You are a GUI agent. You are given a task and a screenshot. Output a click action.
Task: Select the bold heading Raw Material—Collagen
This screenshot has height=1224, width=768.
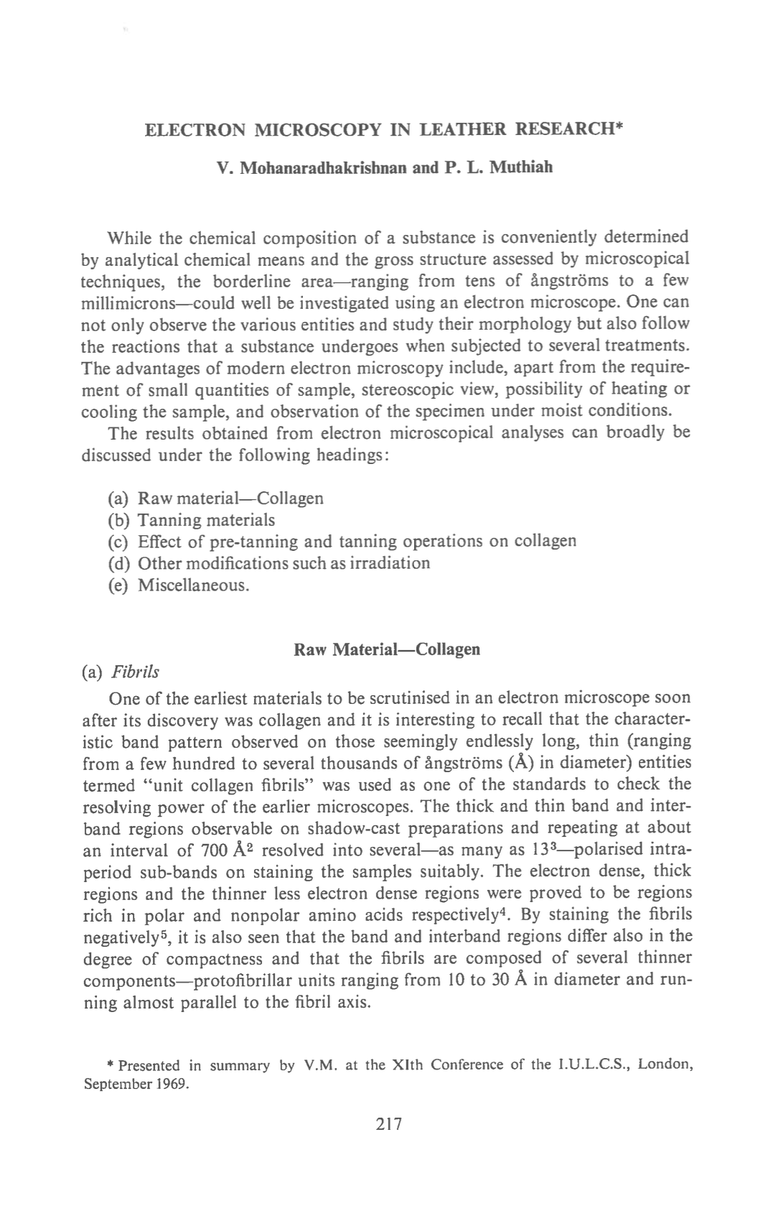coord(387,649)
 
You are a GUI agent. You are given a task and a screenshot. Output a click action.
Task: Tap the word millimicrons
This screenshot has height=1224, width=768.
coord(132,302)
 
